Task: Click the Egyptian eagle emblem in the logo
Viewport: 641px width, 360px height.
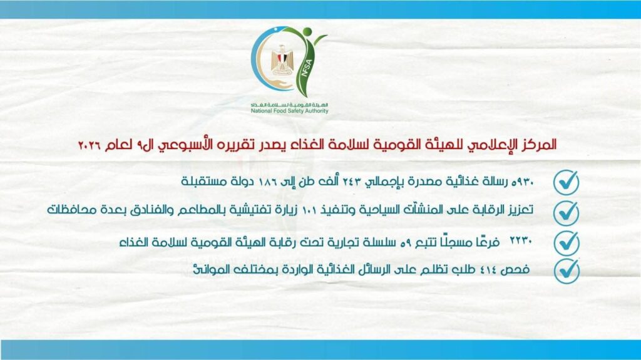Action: click(x=282, y=61)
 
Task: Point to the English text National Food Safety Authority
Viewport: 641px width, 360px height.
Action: click(x=289, y=111)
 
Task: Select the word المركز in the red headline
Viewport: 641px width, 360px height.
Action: click(x=538, y=145)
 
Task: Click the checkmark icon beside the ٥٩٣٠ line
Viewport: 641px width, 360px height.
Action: click(x=566, y=182)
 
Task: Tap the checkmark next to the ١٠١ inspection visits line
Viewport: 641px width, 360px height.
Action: click(x=566, y=212)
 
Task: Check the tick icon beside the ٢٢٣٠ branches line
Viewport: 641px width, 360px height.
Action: click(x=566, y=242)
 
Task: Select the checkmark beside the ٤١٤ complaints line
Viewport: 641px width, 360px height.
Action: click(x=566, y=270)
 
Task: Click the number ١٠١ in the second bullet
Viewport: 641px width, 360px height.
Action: click(x=304, y=211)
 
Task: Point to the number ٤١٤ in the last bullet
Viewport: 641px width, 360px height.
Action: click(x=495, y=270)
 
